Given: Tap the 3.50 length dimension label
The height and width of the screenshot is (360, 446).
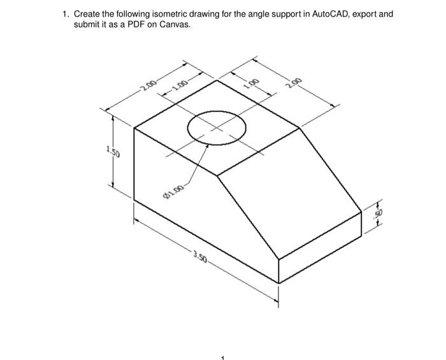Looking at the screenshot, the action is [x=200, y=257].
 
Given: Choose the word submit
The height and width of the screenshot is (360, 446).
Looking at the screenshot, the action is [x=87, y=24].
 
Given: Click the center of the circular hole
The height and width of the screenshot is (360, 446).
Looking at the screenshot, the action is [x=216, y=127].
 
